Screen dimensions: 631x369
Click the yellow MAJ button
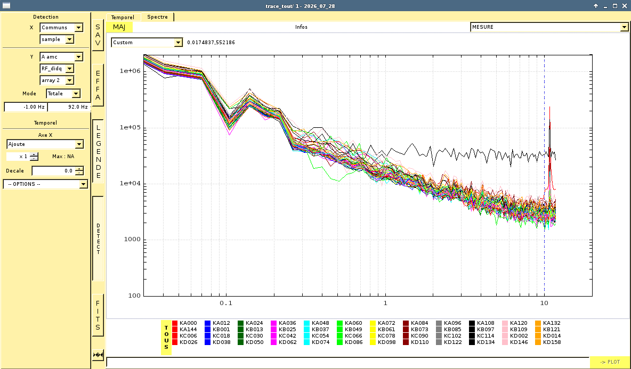[119, 27]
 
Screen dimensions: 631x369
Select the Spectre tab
[157, 17]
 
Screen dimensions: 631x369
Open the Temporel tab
[123, 17]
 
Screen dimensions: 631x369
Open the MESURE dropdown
[549, 27]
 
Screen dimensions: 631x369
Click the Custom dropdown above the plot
[147, 42]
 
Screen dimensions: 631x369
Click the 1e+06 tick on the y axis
[130, 71]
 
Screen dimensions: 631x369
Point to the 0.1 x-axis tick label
[226, 303]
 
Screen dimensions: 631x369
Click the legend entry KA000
[185, 323]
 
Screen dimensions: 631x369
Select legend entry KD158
[548, 342]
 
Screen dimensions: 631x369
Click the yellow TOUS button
[166, 337]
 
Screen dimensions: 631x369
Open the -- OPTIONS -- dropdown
[45, 184]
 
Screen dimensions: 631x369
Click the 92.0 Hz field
[69, 107]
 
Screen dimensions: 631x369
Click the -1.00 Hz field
[26, 107]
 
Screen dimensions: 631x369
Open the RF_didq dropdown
[56, 69]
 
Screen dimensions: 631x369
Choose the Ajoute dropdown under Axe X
[45, 144]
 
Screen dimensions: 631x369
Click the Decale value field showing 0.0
[58, 171]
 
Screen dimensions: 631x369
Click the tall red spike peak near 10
[549, 107]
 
